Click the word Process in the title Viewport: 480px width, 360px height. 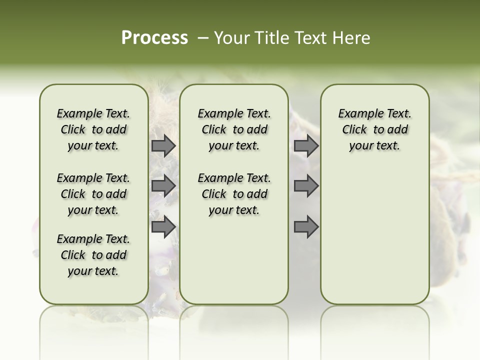[154, 38]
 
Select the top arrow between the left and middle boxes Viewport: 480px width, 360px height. [163, 146]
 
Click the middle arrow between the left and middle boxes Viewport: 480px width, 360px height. [163, 186]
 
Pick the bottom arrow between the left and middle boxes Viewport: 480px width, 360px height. [163, 226]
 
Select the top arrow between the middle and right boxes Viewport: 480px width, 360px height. [306, 146]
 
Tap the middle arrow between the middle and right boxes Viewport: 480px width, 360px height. [306, 186]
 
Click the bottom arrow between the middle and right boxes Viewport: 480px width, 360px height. [306, 226]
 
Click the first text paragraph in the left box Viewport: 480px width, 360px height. [93, 129]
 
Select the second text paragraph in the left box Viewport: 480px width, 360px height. [93, 194]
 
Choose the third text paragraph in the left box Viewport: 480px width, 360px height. [93, 255]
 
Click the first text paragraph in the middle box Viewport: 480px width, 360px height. [234, 129]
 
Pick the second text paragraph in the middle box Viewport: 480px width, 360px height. [234, 194]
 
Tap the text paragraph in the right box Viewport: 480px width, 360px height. [375, 129]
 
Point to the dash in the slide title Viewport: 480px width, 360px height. [203, 38]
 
